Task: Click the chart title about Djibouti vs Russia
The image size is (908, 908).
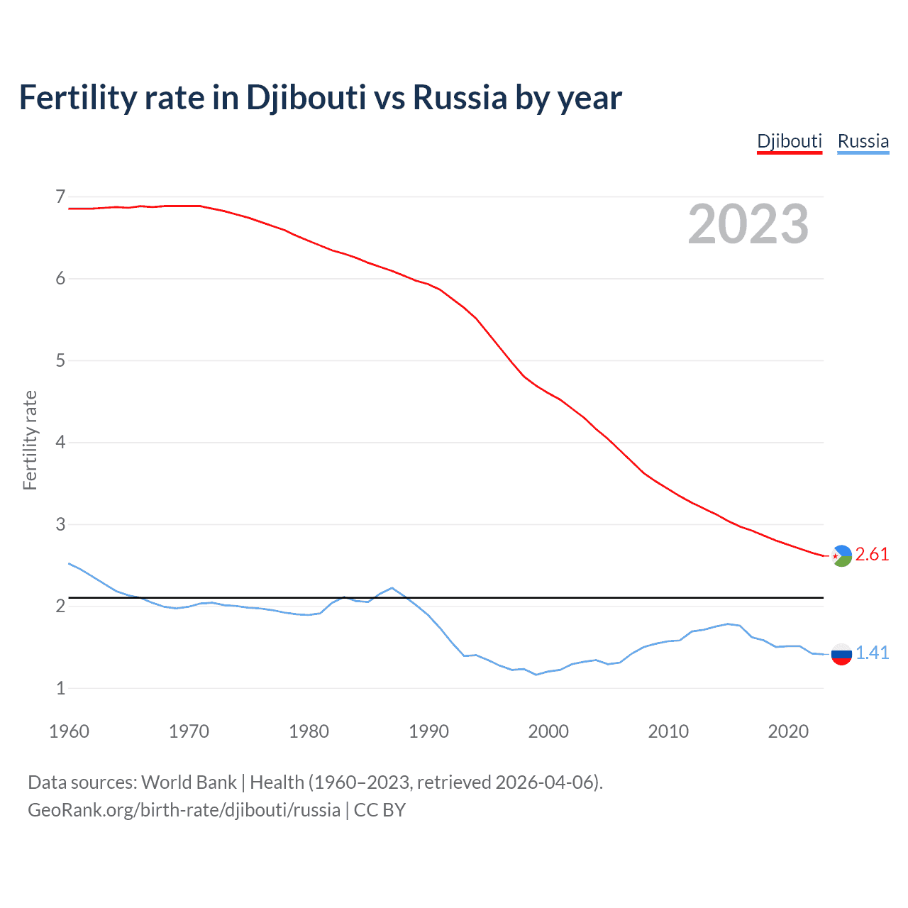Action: (320, 98)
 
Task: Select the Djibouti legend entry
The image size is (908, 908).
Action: (790, 141)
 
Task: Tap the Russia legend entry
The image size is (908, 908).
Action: (863, 141)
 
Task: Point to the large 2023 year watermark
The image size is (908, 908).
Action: (748, 224)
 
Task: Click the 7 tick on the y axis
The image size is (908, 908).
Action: (60, 196)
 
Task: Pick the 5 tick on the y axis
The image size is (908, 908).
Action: (60, 360)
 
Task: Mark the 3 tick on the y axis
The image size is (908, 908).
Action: (60, 524)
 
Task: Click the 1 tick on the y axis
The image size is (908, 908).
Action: (60, 688)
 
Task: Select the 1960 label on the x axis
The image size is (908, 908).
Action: (69, 731)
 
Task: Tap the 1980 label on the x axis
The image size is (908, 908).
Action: (309, 731)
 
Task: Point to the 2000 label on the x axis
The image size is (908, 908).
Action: (548, 731)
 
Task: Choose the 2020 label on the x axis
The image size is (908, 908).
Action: (788, 731)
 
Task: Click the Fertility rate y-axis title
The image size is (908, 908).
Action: (30, 440)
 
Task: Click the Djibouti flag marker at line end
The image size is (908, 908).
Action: (841, 556)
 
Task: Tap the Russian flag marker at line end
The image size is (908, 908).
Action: (841, 654)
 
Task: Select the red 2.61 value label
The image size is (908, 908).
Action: (872, 555)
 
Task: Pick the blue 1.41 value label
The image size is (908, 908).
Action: (872, 653)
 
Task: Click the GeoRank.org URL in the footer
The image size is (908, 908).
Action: (184, 810)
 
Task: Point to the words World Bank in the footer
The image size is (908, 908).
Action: (189, 782)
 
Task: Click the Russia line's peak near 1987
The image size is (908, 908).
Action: (392, 587)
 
